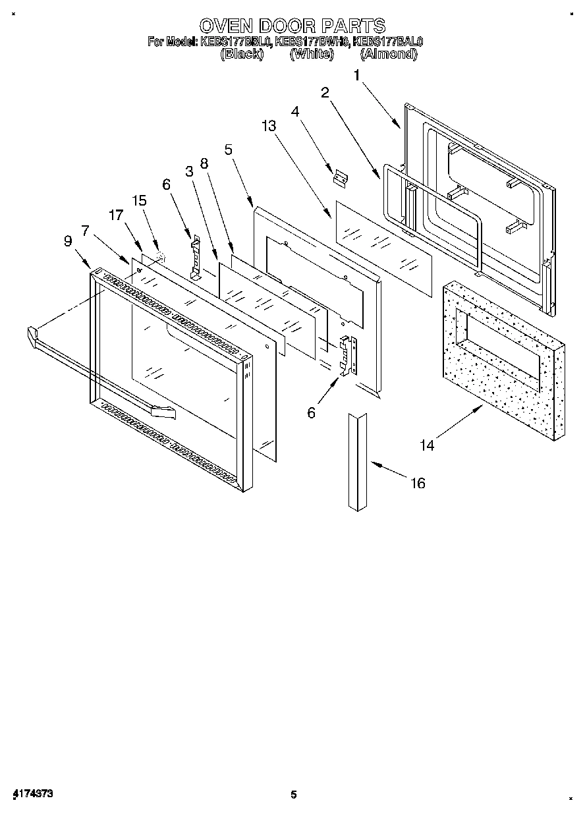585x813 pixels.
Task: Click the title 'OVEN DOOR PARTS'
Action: click(x=292, y=26)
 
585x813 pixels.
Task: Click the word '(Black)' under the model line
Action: click(x=241, y=55)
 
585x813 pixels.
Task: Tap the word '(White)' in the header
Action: click(x=312, y=55)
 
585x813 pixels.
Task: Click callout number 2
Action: click(x=325, y=93)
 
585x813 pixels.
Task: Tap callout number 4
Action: click(x=296, y=112)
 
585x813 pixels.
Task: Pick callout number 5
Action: click(x=228, y=150)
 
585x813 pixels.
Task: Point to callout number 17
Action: click(x=116, y=214)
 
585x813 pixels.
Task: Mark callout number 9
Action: click(x=68, y=241)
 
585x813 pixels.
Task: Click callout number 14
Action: click(x=427, y=445)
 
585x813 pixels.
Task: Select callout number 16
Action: click(x=418, y=484)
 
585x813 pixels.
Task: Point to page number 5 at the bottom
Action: click(x=294, y=795)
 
